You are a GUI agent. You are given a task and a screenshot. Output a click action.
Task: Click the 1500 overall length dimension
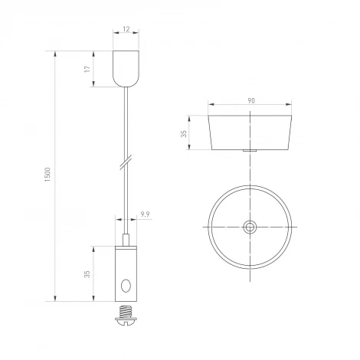[47, 176]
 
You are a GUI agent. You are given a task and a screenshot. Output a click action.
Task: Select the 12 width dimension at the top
[125, 31]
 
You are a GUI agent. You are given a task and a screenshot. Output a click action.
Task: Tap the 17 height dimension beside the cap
[87, 69]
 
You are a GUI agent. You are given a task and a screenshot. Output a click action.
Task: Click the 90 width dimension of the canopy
[250, 100]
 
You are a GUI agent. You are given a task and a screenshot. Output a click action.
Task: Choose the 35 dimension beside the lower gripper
[87, 273]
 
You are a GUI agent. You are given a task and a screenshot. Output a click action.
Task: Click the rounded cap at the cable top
[125, 69]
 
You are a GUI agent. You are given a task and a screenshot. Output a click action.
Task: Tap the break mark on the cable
[125, 164]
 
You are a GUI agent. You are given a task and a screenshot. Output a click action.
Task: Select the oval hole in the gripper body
[126, 288]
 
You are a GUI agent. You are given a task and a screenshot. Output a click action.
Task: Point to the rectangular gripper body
[125, 273]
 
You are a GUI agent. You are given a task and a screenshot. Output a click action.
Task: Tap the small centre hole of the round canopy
[250, 227]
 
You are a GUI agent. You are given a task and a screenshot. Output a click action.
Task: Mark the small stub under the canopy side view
[250, 152]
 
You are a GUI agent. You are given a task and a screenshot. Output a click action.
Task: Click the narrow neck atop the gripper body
[125, 241]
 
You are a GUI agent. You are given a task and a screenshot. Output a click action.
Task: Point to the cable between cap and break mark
[125, 123]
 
